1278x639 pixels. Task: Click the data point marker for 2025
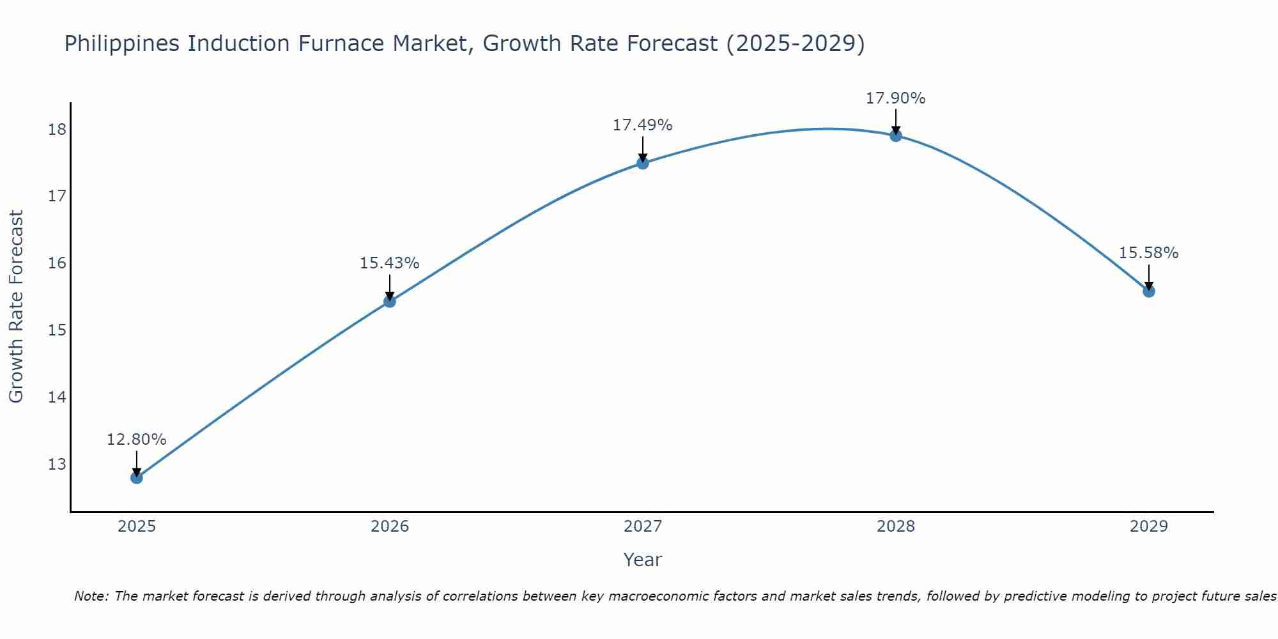click(x=137, y=477)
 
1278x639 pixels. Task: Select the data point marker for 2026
click(x=390, y=301)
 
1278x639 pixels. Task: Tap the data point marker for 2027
click(x=643, y=163)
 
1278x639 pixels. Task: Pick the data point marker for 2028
click(x=896, y=135)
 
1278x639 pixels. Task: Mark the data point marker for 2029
click(x=1149, y=291)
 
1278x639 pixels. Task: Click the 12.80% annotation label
click(x=136, y=440)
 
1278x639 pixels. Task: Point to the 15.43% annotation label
click(x=389, y=263)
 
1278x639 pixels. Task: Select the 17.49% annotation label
click(x=642, y=125)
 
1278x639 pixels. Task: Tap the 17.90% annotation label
click(x=895, y=98)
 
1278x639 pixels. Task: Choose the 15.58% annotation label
click(x=1148, y=253)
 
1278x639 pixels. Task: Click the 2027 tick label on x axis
click(x=643, y=527)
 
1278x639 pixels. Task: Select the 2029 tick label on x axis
click(x=1149, y=527)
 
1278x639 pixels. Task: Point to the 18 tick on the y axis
click(x=57, y=130)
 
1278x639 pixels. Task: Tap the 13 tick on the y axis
click(x=57, y=464)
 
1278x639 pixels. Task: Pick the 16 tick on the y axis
click(x=57, y=263)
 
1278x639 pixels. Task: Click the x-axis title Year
click(x=642, y=560)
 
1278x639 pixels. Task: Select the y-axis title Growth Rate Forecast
click(x=16, y=307)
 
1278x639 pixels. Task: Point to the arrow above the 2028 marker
click(x=896, y=121)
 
